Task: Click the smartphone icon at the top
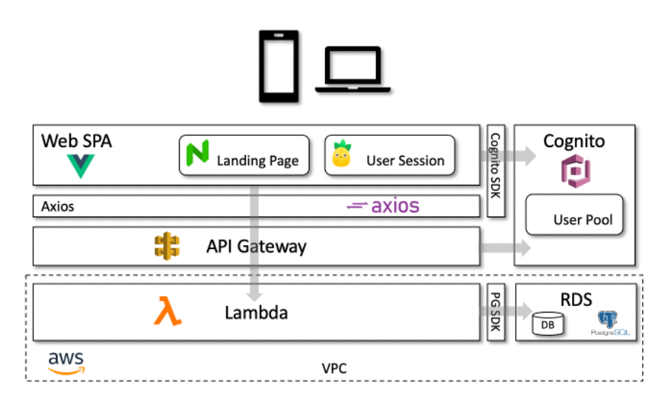pos(279,67)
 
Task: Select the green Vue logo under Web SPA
pos(81,166)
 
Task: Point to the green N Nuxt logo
pos(198,153)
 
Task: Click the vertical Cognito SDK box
pos(496,171)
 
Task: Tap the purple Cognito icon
pos(573,171)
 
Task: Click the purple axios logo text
pos(383,205)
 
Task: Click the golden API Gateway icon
pos(167,246)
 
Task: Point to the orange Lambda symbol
pos(167,311)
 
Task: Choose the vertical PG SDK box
pos(496,313)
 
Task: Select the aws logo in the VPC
pos(66,363)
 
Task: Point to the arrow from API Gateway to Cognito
pos(505,248)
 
